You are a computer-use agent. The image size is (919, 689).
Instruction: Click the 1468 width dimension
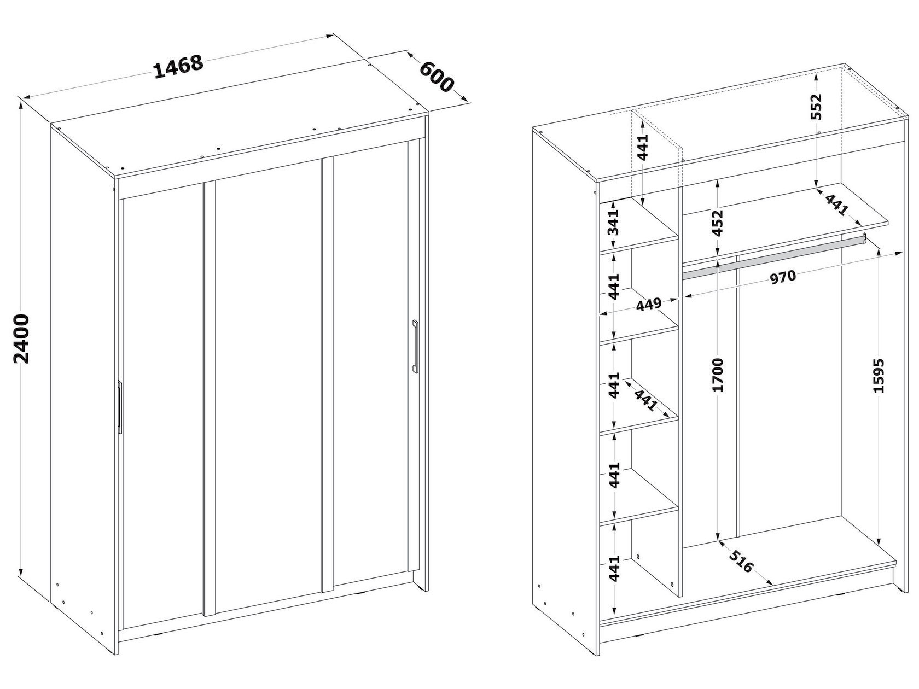(x=179, y=67)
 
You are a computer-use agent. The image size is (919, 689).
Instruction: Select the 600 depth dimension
(x=437, y=77)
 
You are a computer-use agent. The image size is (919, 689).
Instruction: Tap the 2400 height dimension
(x=21, y=338)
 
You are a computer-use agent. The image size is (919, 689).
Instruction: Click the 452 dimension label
(x=718, y=223)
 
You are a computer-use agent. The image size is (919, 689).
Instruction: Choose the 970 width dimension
(x=782, y=277)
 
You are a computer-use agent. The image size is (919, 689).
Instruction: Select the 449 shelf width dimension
(x=649, y=304)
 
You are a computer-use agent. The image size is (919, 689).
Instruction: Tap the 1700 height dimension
(x=718, y=375)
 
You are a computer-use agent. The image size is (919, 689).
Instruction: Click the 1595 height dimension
(x=879, y=375)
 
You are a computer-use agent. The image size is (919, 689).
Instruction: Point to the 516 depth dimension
(x=741, y=561)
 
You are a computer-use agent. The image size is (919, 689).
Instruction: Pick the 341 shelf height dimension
(x=613, y=221)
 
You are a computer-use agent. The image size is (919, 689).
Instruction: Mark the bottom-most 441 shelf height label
(x=613, y=568)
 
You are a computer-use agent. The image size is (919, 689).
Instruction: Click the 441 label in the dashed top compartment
(x=643, y=147)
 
